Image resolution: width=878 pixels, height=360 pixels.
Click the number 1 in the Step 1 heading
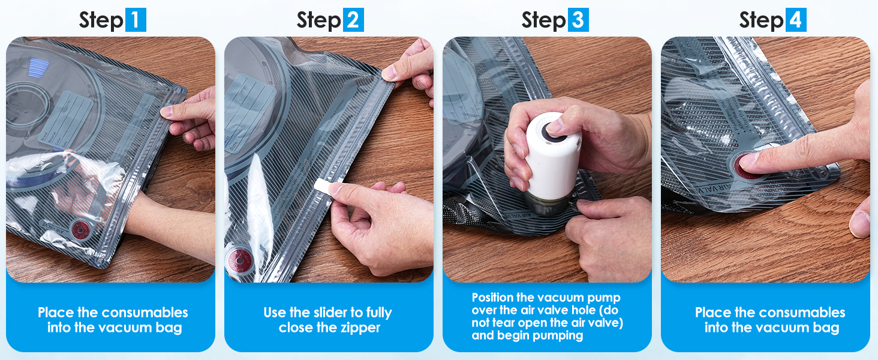pos(136,20)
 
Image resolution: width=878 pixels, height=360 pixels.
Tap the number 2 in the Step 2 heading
pos(353,20)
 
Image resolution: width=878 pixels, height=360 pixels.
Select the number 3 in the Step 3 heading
pos(578,20)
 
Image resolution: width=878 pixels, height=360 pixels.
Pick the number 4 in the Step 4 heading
pos(796,20)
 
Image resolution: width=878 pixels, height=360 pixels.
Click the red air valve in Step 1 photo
pos(80,230)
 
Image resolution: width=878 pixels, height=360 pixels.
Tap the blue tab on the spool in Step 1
pos(38,67)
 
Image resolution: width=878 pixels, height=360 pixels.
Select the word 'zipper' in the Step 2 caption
pos(360,328)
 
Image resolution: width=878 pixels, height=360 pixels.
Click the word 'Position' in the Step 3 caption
pos(492,298)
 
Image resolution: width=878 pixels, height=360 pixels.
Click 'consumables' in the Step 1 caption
pos(145,313)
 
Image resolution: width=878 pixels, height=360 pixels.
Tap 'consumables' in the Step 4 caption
pos(802,313)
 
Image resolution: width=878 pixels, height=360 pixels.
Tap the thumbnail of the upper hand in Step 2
pos(390,73)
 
